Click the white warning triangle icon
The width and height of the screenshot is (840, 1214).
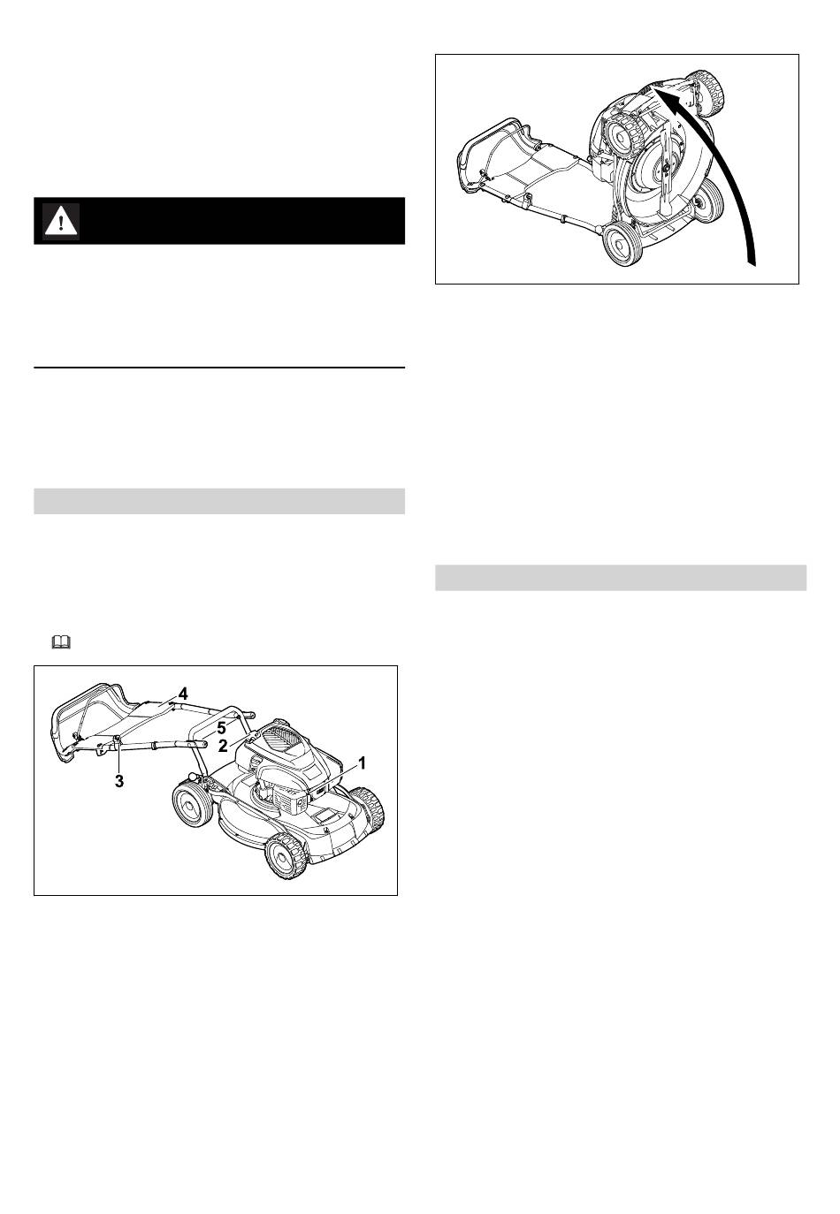(x=61, y=221)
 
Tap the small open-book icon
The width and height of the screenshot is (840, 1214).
(x=61, y=642)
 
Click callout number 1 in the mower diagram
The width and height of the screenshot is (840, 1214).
(x=361, y=763)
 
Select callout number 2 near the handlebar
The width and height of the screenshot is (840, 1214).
(x=223, y=747)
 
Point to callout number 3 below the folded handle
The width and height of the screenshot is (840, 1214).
(x=118, y=782)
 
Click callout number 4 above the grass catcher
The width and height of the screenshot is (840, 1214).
(x=183, y=694)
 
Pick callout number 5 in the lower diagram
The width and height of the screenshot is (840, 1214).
(x=221, y=729)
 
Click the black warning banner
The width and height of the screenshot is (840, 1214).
(x=219, y=221)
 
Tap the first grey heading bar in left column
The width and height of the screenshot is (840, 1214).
(x=219, y=501)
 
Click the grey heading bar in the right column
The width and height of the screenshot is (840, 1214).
(x=621, y=578)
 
